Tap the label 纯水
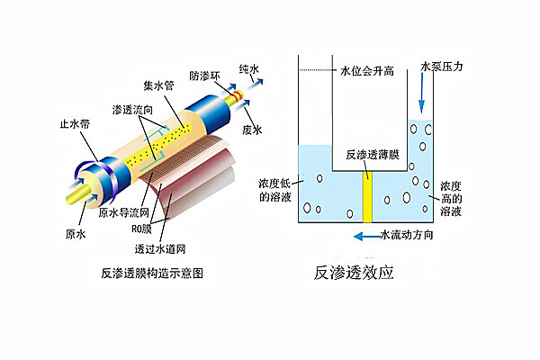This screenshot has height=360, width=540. [x=248, y=68]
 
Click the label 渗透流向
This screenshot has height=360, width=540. [x=130, y=109]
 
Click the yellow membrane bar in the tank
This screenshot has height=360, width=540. [x=367, y=193]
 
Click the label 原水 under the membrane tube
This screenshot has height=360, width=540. [x=76, y=234]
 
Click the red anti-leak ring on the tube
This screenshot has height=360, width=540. [x=238, y=91]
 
